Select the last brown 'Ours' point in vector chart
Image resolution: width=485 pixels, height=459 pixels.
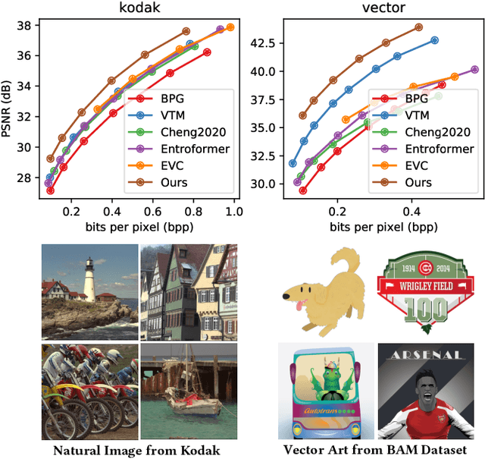click(x=419, y=27)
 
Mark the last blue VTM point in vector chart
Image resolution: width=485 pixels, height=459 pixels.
click(x=434, y=40)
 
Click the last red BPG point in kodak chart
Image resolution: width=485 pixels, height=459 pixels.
click(x=207, y=52)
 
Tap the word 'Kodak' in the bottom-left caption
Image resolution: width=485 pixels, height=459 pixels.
click(x=201, y=449)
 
